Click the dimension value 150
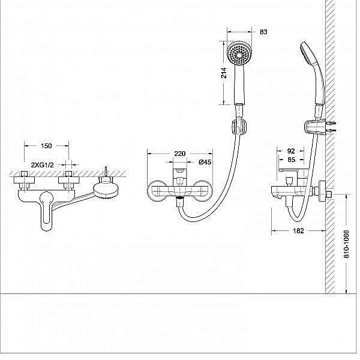point(46,146)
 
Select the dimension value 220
point(179,154)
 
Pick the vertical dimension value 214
point(223,73)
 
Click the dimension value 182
point(299,230)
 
